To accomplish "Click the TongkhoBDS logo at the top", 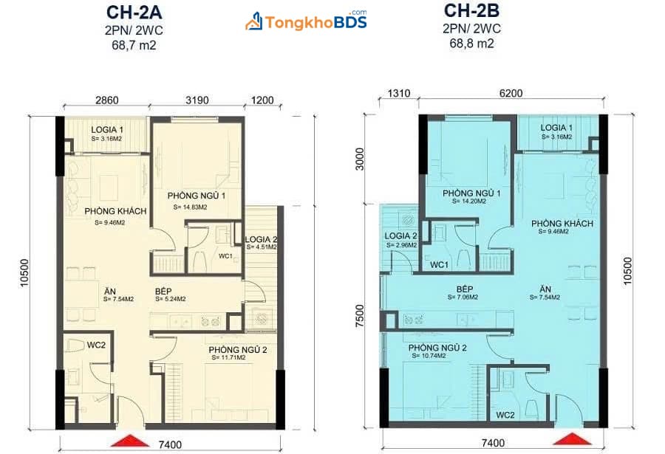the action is click(306, 21).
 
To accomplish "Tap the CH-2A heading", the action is click(134, 13).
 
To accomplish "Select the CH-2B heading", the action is click(471, 10).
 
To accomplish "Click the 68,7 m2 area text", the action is click(134, 44).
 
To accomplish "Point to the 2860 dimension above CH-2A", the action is click(107, 100).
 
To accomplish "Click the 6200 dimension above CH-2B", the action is click(511, 93).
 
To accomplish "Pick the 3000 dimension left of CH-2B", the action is click(360, 159).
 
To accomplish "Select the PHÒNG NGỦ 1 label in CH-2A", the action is click(197, 196).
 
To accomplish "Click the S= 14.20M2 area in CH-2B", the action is click(469, 202).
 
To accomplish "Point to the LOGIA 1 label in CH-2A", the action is click(107, 130).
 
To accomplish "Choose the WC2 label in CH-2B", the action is click(505, 415).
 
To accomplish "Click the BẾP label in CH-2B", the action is click(465, 289).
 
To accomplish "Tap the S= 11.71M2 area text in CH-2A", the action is click(228, 358).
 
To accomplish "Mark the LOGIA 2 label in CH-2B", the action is click(400, 235).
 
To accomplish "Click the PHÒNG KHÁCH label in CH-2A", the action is click(115, 211).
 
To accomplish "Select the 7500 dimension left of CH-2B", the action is click(360, 316).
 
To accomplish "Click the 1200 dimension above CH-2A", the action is click(262, 100).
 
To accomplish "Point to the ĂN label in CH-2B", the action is click(545, 289).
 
